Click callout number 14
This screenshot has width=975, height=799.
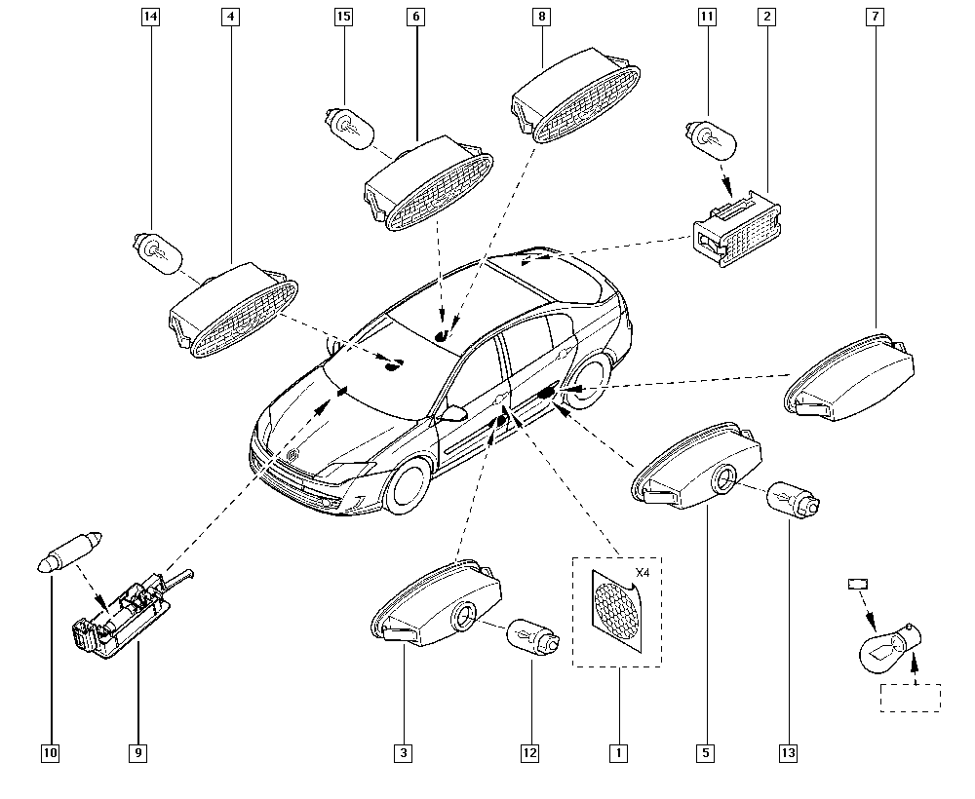150,17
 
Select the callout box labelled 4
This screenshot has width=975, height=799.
231,17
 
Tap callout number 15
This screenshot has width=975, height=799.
343,17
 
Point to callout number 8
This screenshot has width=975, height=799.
541,17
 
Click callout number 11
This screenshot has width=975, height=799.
707,17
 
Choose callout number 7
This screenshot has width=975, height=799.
875,17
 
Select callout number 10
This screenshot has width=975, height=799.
51,753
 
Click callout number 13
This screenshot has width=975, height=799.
788,753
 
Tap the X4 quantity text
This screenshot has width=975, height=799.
643,573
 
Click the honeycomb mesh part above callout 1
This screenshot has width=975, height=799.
616,611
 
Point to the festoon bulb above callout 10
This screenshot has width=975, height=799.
68,552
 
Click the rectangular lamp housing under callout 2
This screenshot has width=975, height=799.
737,229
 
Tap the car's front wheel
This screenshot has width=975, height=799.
409,486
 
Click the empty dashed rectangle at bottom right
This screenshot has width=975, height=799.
911,698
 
